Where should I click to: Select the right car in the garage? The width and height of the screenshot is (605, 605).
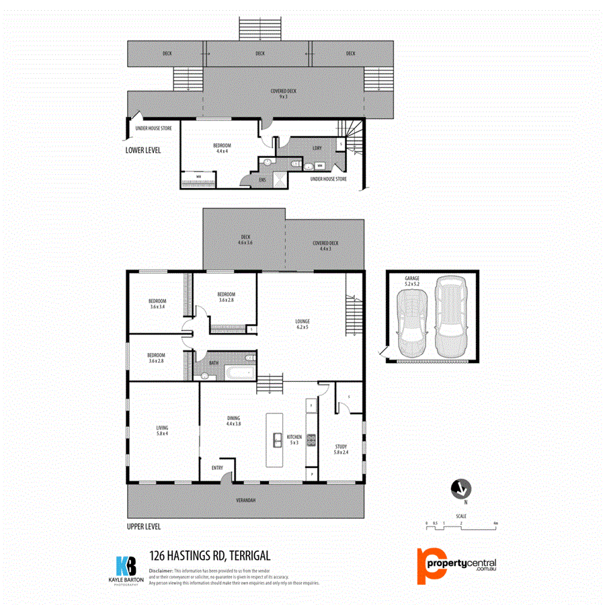(449, 317)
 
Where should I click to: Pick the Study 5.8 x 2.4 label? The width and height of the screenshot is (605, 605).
(342, 449)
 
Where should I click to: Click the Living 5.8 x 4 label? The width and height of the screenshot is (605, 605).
(162, 430)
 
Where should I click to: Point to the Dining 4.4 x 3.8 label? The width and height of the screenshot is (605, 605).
(233, 421)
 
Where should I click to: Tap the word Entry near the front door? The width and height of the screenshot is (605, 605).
(217, 468)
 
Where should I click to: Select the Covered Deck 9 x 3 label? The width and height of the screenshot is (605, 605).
(283, 93)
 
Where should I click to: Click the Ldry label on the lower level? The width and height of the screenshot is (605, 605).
(317, 149)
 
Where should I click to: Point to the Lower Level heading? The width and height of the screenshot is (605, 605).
(143, 150)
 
